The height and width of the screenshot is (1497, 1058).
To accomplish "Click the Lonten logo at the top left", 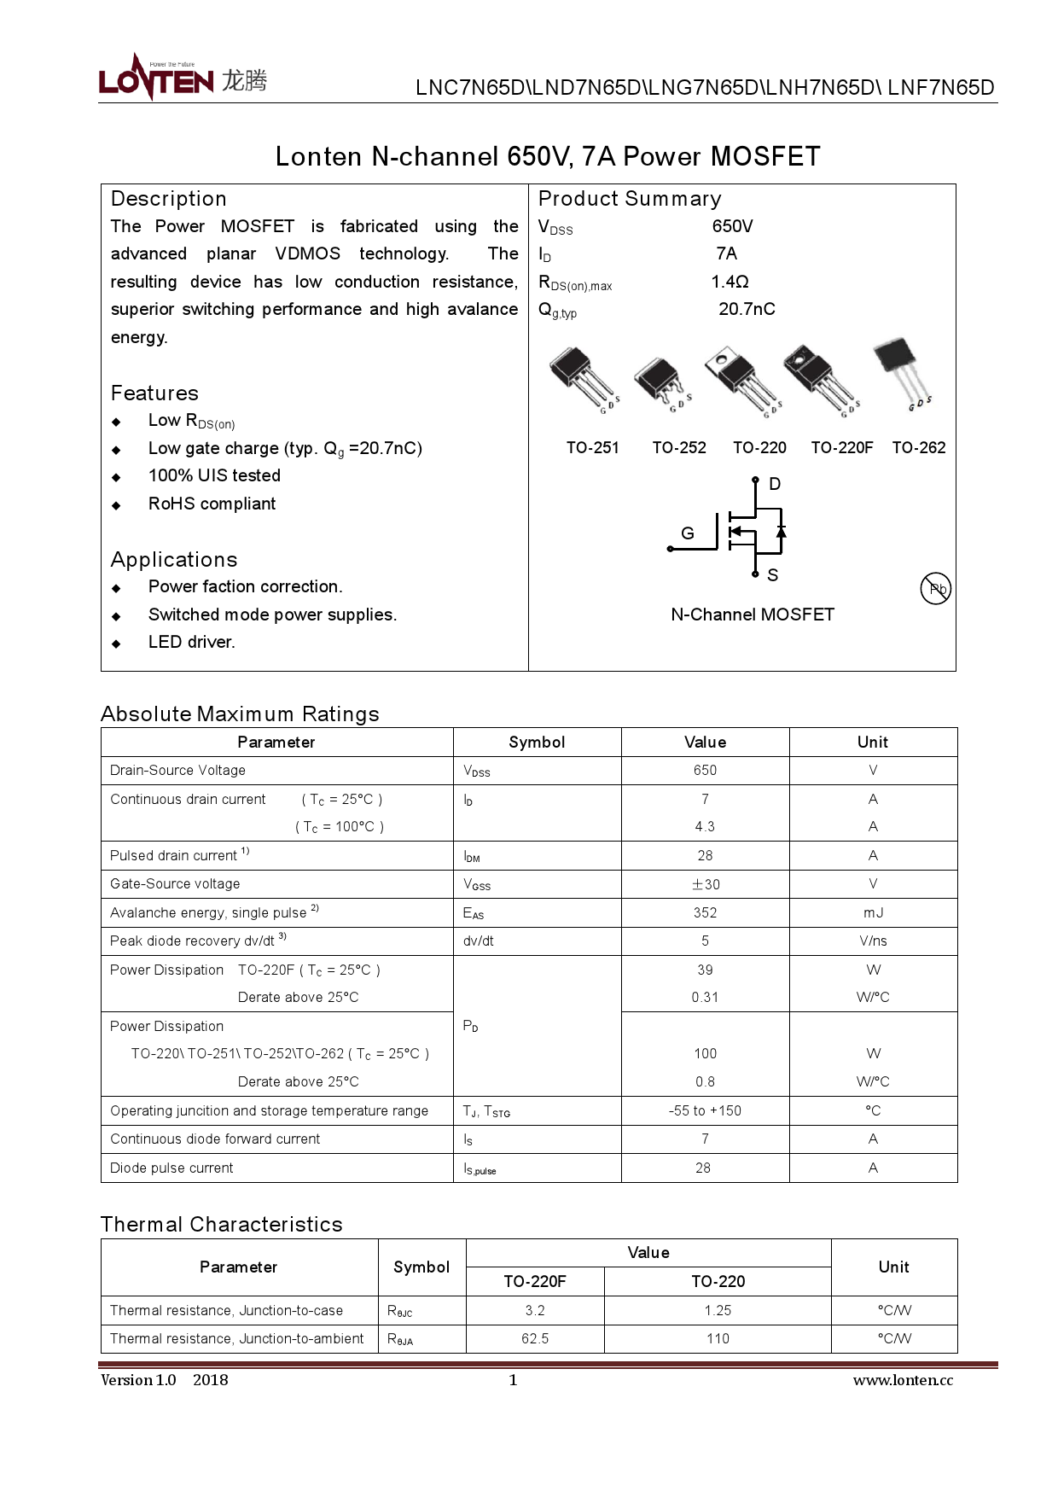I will point(182,79).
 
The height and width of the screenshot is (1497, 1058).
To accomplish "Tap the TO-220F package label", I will point(841,447).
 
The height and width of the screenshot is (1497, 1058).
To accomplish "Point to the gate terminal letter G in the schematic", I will point(688,533).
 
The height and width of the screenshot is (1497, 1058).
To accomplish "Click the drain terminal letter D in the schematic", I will point(775,484).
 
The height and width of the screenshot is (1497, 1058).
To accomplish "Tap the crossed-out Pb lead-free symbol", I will point(936,588).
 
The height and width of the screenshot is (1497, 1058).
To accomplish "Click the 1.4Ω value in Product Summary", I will point(730,282).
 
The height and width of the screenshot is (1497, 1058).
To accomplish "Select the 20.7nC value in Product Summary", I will point(747,309).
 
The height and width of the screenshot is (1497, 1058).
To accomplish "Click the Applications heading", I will point(174,560).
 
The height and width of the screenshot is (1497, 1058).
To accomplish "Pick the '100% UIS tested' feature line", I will point(214,475).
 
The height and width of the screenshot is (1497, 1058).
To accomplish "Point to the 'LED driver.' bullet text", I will point(191,642).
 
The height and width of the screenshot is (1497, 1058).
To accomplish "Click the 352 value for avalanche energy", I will point(705,912).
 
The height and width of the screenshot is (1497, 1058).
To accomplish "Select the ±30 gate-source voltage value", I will point(706,884).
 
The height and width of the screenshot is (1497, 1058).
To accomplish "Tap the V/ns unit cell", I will point(873,941).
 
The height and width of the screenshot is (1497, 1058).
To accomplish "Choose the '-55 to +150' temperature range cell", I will point(705,1110).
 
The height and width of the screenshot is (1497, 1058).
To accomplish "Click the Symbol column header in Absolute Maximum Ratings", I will point(537,742).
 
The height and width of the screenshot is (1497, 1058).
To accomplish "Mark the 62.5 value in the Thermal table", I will point(535,1338).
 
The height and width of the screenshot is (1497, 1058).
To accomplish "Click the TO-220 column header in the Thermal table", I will point(718,1281).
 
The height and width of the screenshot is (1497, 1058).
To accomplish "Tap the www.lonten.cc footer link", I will point(903,1380).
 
